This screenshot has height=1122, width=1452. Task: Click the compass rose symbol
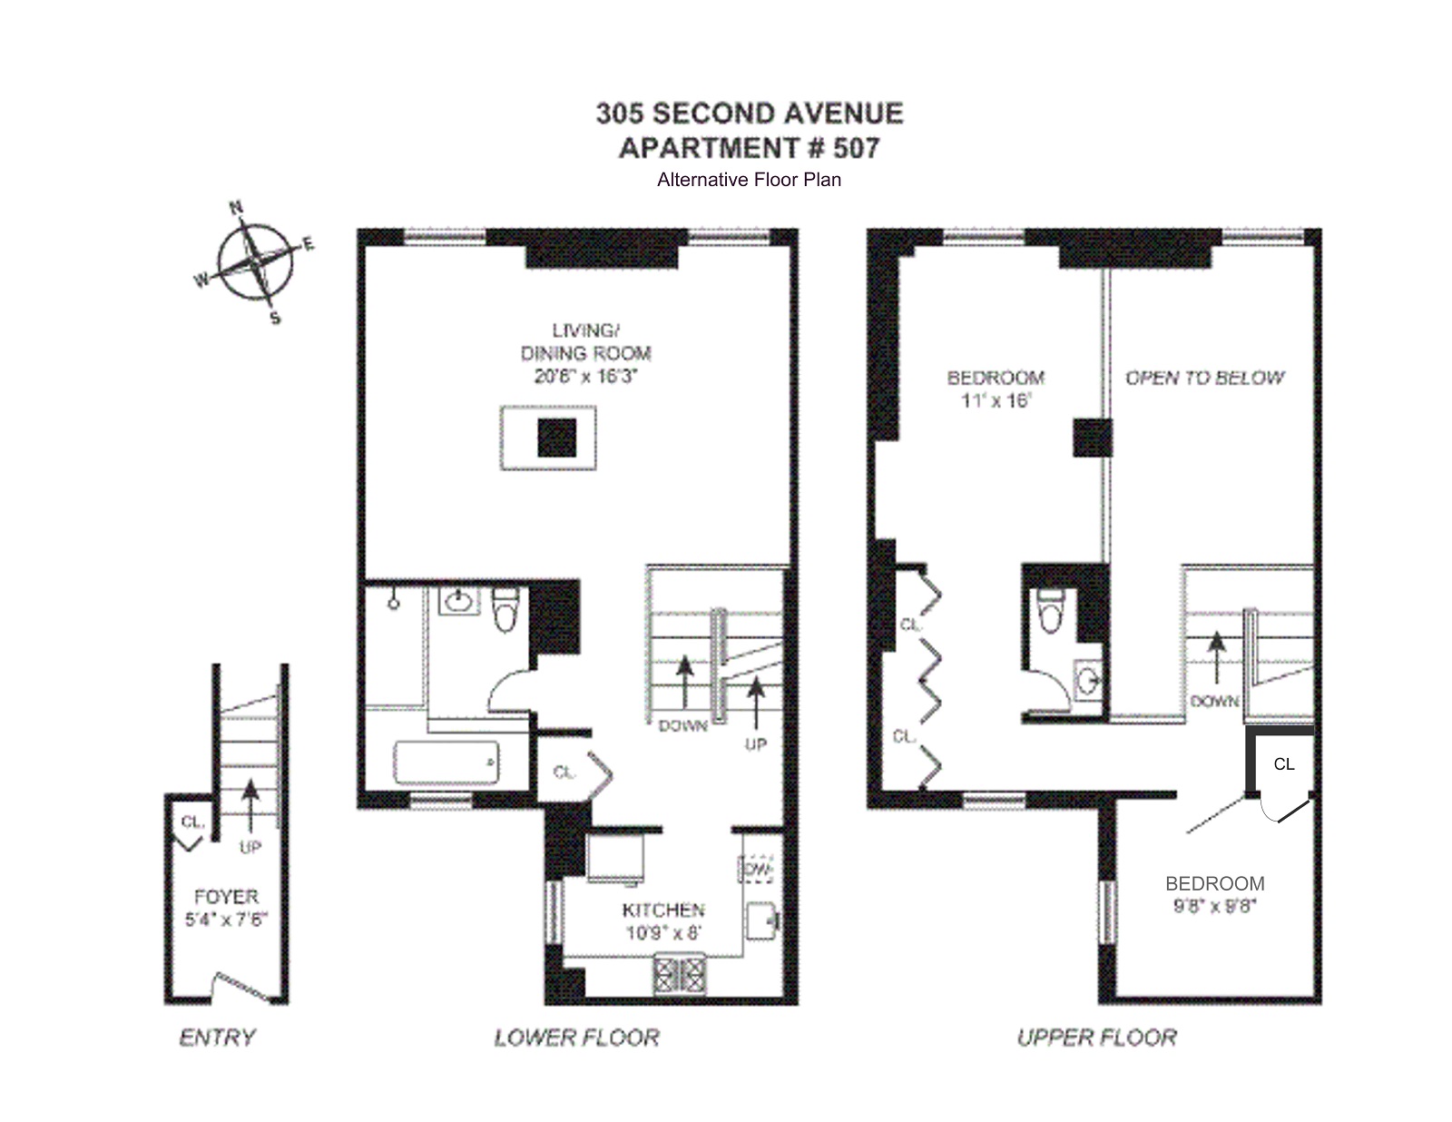(256, 261)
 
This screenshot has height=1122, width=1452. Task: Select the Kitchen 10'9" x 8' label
(663, 920)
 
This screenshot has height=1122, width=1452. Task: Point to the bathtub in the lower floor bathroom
(446, 762)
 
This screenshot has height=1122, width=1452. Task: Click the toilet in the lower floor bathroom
(505, 610)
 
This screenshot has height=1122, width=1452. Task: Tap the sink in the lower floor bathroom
(459, 601)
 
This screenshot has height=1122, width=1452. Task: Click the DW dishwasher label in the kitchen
(757, 869)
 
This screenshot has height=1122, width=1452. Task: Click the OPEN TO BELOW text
(1204, 378)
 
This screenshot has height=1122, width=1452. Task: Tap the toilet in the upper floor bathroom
(1051, 613)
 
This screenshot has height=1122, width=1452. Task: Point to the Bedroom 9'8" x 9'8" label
(1214, 894)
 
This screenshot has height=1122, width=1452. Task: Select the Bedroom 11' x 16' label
(996, 389)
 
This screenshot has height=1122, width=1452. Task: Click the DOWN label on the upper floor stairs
(1214, 701)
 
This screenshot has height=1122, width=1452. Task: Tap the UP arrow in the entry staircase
(250, 803)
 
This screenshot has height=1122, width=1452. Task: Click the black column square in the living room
(556, 438)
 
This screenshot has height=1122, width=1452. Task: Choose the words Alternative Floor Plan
(749, 180)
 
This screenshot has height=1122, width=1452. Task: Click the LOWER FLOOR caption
(576, 1038)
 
